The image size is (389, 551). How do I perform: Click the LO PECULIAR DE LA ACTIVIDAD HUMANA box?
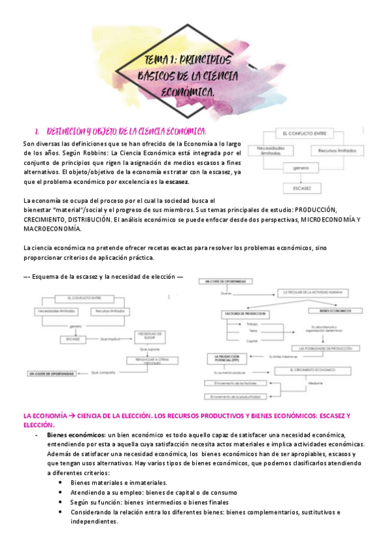[316, 293]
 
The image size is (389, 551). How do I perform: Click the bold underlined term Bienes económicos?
[75, 434]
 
